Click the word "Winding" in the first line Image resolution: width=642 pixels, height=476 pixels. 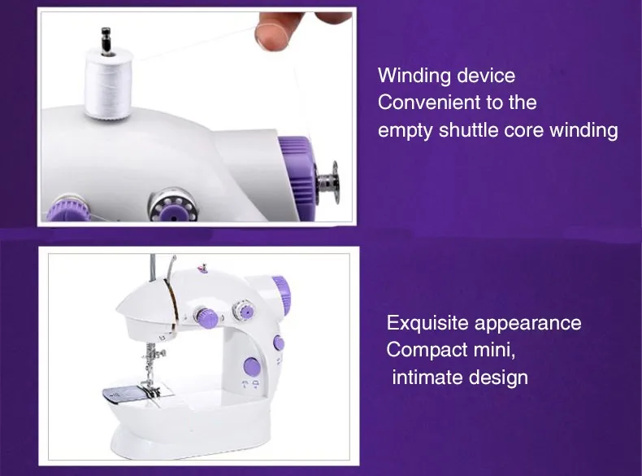414,76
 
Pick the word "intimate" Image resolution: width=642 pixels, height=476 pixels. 427,378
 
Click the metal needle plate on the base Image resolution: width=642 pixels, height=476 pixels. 122,397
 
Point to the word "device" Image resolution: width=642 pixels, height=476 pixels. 487,76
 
